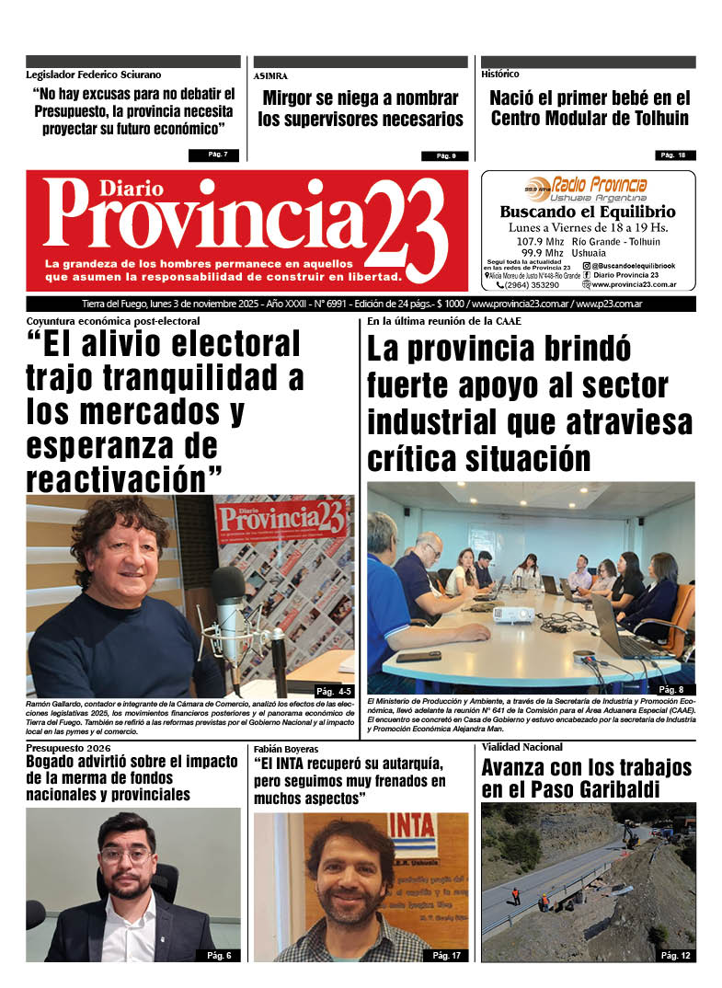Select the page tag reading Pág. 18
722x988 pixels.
675,155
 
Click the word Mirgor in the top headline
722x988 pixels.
292,98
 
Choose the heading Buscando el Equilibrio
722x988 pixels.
588,212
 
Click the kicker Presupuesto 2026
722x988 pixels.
69,748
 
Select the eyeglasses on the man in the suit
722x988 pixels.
126,855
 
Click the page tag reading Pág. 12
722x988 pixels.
675,955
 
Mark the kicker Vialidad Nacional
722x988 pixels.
522,747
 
